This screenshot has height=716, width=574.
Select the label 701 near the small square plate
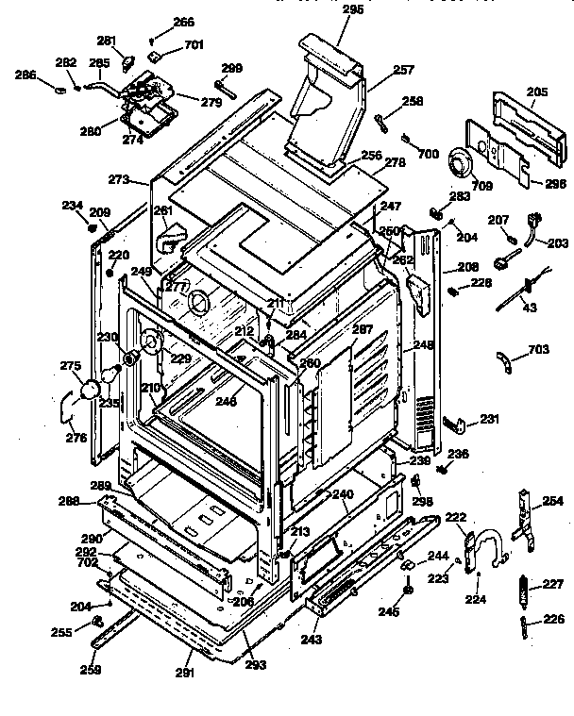(x=193, y=43)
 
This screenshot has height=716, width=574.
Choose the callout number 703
(x=537, y=349)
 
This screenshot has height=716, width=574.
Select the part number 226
(x=553, y=620)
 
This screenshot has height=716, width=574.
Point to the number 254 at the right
(x=552, y=502)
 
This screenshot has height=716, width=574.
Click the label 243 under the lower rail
(x=312, y=640)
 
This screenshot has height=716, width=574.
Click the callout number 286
(x=25, y=74)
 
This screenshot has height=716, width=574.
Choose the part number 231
(x=489, y=419)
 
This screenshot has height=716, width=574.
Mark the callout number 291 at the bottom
(x=185, y=673)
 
